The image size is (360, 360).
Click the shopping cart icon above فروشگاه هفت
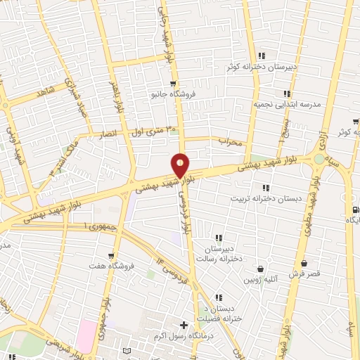tap(110, 255)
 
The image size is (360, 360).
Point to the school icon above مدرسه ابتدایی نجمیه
tap(286, 93)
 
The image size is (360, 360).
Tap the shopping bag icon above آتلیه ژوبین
tap(261, 269)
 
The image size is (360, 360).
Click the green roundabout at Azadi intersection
tap(321, 159)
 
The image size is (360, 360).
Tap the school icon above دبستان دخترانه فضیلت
tap(219, 297)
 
